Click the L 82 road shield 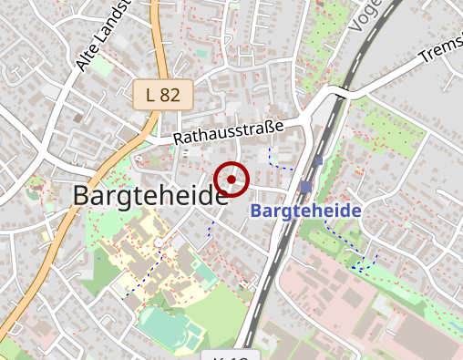click(x=163, y=93)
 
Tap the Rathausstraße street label click(x=229, y=132)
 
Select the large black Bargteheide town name click(x=149, y=195)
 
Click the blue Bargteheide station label click(x=305, y=211)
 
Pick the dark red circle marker click(x=231, y=179)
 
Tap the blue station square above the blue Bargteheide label click(x=304, y=187)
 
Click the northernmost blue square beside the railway click(x=317, y=161)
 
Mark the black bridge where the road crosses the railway click(x=339, y=92)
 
